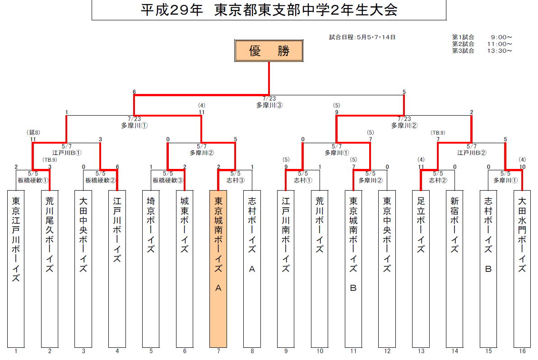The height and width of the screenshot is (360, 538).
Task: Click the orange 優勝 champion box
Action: click(x=269, y=51)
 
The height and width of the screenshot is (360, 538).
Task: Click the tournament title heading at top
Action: click(x=269, y=10)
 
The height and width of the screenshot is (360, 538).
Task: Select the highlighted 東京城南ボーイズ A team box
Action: click(x=218, y=268)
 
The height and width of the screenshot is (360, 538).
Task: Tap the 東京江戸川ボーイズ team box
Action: click(x=16, y=268)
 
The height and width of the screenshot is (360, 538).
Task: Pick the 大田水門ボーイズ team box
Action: click(x=522, y=268)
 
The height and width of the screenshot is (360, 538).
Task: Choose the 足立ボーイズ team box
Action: click(x=421, y=268)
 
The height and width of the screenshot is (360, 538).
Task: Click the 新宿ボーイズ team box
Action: click(x=455, y=268)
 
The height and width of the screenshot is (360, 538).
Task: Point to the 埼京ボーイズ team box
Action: click(x=151, y=268)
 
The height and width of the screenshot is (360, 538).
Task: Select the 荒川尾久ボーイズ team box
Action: click(x=50, y=268)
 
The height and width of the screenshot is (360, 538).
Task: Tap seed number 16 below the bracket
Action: click(x=522, y=351)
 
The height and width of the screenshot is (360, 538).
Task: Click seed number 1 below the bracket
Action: click(x=16, y=351)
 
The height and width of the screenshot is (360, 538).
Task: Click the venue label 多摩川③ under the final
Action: click(x=269, y=105)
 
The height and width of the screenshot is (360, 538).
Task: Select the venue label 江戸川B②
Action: click(x=471, y=153)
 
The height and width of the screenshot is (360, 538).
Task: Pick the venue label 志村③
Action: click(x=235, y=180)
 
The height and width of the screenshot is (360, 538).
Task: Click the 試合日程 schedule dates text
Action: click(x=362, y=37)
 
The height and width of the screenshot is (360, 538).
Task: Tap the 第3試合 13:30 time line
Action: click(x=482, y=51)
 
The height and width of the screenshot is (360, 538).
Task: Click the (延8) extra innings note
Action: click(x=33, y=133)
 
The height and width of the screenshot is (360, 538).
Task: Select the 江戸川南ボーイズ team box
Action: click(x=286, y=268)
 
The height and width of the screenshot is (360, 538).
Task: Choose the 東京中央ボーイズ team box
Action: click(x=387, y=268)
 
